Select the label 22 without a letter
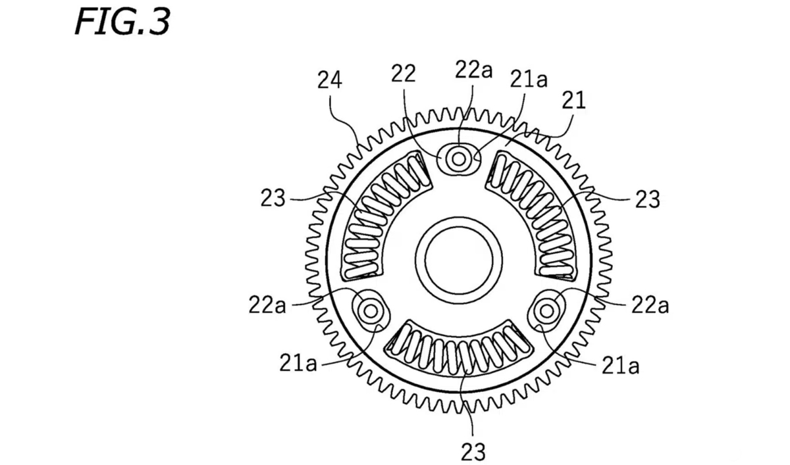tap(404, 74)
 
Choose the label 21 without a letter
tap(573, 101)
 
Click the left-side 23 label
tap(273, 197)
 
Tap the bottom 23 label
tap(473, 452)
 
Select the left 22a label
tap(267, 305)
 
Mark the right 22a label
tap(650, 305)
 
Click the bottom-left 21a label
tap(298, 363)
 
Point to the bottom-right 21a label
tap(620, 366)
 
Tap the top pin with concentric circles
tap(458, 158)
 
